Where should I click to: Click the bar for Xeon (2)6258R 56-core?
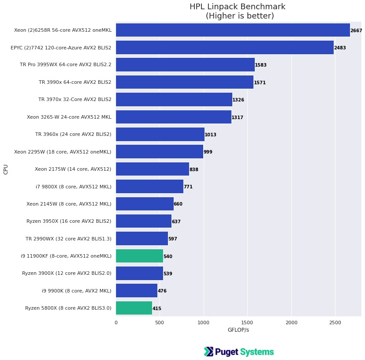[232, 30]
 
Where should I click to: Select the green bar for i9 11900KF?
[139, 256]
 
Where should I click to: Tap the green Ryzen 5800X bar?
[134, 308]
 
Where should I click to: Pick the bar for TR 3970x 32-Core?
[174, 99]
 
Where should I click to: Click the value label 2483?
[340, 48]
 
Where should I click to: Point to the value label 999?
[208, 152]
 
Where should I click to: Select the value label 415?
[157, 308]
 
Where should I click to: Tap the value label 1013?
[210, 135]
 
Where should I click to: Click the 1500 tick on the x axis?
[247, 322]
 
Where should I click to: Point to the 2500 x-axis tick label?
[335, 322]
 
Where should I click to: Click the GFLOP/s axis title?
[238, 330]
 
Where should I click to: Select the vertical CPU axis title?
[6, 169]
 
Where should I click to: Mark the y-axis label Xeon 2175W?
[73, 169]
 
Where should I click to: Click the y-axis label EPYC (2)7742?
[61, 47]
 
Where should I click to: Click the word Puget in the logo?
[227, 352]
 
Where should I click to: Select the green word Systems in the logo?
[257, 352]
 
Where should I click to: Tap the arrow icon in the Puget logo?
[209, 352]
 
